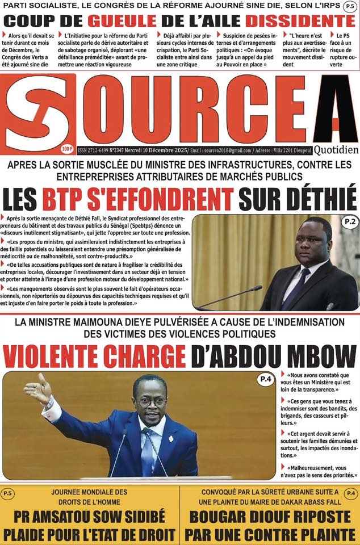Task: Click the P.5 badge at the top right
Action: [349, 7]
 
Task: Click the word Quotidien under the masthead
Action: [336, 149]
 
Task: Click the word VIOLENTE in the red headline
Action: [52, 356]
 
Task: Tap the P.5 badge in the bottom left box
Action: [9, 493]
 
